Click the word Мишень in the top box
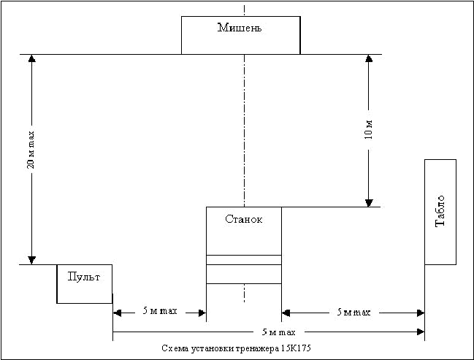tap(240, 28)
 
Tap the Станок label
tap(244, 219)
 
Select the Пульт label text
tap(84, 277)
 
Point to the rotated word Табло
tap(440, 211)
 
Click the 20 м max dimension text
tap(31, 150)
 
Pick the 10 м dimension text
tap(369, 130)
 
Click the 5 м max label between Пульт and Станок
tap(160, 311)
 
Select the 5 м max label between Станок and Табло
tap(353, 312)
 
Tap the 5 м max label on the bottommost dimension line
tap(278, 332)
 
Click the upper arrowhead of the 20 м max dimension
tap(31, 58)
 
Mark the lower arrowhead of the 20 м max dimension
tap(31, 260)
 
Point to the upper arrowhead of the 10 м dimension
tap(369, 58)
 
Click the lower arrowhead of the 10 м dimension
tap(369, 203)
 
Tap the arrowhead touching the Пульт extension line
tap(118, 313)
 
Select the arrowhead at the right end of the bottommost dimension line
tap(421, 332)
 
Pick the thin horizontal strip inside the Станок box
tap(244, 260)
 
